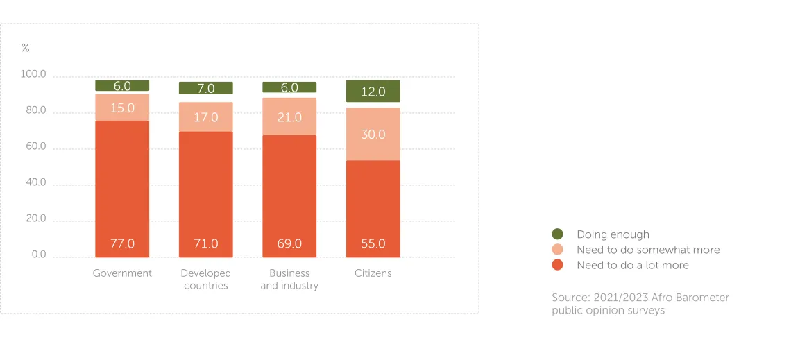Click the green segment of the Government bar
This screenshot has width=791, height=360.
point(122,86)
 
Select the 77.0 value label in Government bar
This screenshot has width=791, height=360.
point(122,243)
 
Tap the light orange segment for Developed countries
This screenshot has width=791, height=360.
point(206,117)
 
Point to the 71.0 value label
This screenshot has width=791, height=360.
point(206,243)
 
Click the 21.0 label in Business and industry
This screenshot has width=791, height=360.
point(289,117)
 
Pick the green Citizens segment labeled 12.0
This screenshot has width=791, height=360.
point(373,91)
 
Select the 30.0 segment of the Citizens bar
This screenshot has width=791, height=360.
point(373,134)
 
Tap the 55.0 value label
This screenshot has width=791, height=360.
point(373,243)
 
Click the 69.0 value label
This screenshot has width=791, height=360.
point(289,243)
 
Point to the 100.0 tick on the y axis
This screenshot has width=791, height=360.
point(33,74)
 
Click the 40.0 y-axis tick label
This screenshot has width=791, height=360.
point(33,182)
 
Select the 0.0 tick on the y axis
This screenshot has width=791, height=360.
point(39,255)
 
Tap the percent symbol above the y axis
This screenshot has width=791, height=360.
point(26,48)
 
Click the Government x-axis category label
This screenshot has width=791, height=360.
point(122,273)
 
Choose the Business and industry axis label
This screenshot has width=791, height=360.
point(289,280)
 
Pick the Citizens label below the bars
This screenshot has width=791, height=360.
point(373,273)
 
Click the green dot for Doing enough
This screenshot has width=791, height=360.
point(557,234)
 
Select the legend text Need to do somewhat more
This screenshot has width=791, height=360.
point(648,250)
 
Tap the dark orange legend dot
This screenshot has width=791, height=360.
point(557,265)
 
